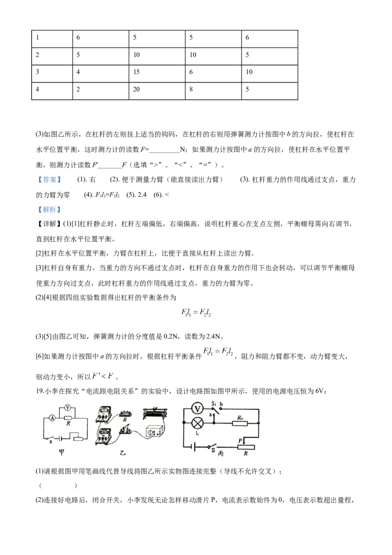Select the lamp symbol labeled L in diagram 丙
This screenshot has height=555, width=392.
(x=197, y=423)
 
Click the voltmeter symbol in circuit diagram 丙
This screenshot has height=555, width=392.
(x=197, y=409)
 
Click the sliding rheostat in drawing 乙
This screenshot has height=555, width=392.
(x=155, y=413)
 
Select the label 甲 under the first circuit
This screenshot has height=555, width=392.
(x=62, y=452)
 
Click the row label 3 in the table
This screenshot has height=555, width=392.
(x=38, y=72)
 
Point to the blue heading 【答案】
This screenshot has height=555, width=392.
(x=49, y=180)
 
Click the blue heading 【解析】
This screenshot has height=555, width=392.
(x=49, y=209)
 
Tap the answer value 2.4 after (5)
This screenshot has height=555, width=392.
(x=142, y=195)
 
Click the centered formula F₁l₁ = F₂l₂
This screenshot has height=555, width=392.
(x=196, y=312)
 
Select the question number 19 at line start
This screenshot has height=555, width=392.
(x=39, y=391)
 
